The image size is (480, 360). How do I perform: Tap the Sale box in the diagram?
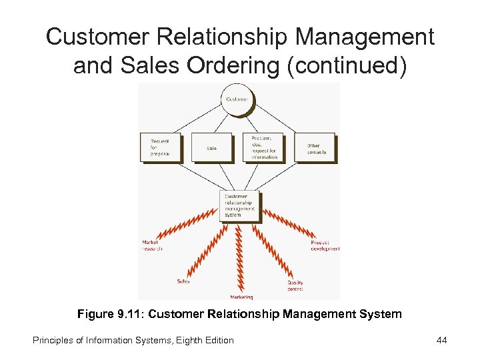pyautogui.click(x=212, y=147)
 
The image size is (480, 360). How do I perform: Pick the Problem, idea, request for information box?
pyautogui.click(x=264, y=147)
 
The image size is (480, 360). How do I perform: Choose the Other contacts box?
pyautogui.click(x=314, y=147)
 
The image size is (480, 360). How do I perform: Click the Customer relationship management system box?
pyautogui.click(x=239, y=207)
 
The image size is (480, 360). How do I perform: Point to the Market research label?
pyautogui.click(x=152, y=245)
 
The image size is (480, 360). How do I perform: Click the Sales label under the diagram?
pyautogui.click(x=183, y=281)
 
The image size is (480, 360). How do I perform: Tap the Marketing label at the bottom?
pyautogui.click(x=241, y=297)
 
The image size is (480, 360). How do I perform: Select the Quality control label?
pyautogui.click(x=296, y=285)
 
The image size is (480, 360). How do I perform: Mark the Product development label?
pyautogui.click(x=325, y=245)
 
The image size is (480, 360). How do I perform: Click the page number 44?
pyautogui.click(x=441, y=340)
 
